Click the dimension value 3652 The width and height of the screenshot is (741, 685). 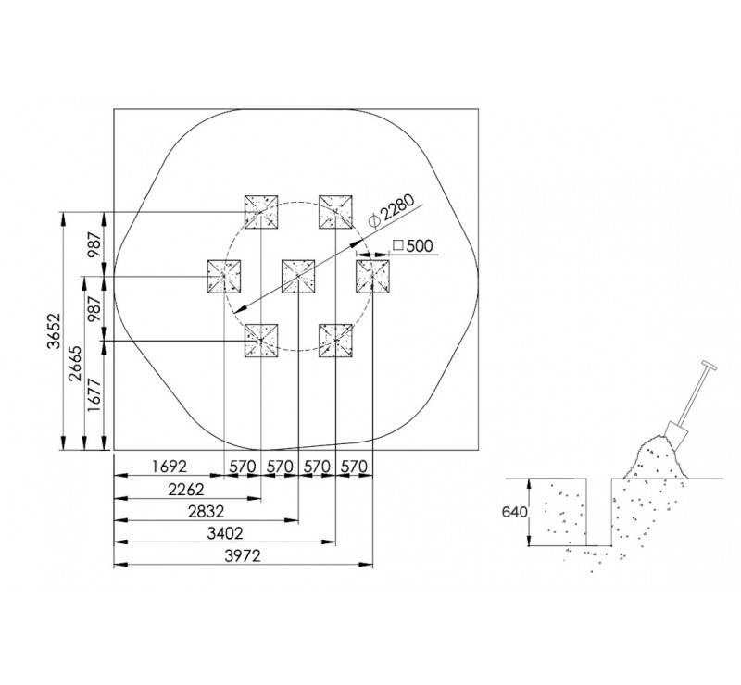(x=56, y=330)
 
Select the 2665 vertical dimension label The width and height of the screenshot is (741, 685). (x=76, y=364)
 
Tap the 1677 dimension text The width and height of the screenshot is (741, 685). (x=94, y=395)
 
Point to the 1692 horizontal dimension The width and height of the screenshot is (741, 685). (x=170, y=467)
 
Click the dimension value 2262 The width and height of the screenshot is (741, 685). (x=186, y=490)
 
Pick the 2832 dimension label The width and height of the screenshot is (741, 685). (x=206, y=511)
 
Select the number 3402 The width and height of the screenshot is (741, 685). (x=225, y=533)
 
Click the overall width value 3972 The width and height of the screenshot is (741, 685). (x=243, y=555)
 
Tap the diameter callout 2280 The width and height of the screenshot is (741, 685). (x=392, y=210)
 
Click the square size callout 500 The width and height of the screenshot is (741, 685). (x=413, y=245)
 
